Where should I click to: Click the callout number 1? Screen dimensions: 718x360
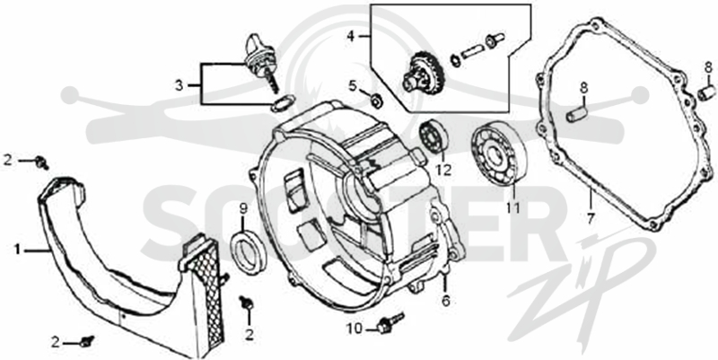click(17, 250)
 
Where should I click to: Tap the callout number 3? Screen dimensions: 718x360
click(179, 85)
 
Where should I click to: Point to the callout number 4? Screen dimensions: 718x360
click(351, 36)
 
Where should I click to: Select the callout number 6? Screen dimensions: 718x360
click(445, 301)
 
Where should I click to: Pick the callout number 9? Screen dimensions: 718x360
click(243, 209)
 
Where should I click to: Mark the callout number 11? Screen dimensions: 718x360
click(512, 208)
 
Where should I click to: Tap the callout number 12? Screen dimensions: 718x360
click(443, 170)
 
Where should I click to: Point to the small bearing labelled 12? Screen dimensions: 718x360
click(433, 136)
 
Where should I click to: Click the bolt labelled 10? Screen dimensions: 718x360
click(390, 323)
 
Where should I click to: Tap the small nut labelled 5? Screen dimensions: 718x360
click(377, 100)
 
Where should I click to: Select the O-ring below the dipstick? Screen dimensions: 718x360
click(282, 103)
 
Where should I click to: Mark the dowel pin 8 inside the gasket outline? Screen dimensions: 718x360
click(576, 114)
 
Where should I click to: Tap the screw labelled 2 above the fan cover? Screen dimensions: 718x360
click(42, 162)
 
